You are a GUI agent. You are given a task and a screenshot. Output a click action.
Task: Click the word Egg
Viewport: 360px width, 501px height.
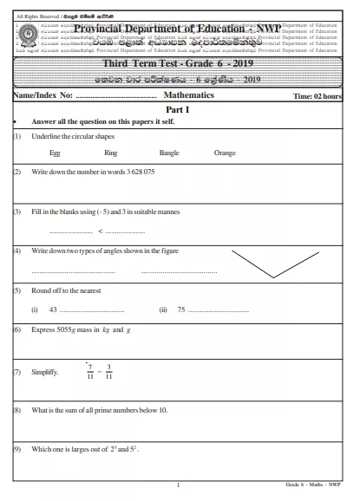(56, 153)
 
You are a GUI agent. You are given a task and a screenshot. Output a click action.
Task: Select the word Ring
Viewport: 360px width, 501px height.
(110, 153)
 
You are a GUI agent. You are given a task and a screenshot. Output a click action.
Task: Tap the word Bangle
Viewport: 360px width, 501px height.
(168, 153)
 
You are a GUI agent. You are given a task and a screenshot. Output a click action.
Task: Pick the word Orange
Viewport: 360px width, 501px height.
(224, 153)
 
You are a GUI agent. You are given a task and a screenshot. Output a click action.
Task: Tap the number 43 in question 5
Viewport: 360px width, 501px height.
(54, 309)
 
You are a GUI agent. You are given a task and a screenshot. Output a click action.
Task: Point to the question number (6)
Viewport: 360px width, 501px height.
(17, 330)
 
